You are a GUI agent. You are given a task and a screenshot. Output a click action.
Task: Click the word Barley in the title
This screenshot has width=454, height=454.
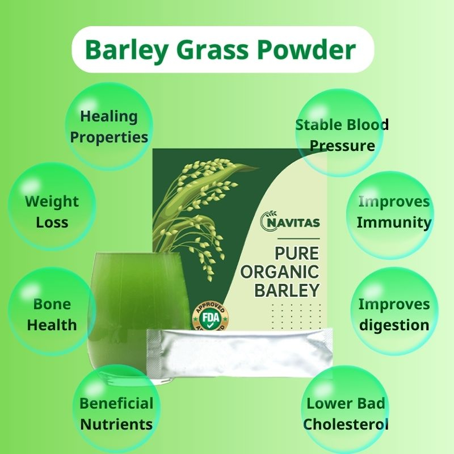126,50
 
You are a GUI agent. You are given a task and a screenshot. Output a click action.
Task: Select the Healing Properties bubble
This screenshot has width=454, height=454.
109,127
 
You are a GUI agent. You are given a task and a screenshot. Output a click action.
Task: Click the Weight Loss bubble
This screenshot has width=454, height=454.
52,207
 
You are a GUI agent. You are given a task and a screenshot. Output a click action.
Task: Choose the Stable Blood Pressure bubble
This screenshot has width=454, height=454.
339,133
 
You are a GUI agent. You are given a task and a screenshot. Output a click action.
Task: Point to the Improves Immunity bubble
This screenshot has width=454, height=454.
390,216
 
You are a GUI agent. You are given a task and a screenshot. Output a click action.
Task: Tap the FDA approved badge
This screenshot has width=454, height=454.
211,316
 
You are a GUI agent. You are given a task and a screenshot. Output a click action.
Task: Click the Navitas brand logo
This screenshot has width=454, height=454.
290,221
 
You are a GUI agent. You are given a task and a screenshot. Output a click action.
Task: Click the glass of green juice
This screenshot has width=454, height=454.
139,317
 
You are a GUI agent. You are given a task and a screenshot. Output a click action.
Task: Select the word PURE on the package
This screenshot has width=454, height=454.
297,254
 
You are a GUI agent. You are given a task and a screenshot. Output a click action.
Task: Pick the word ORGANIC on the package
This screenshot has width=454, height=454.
280,272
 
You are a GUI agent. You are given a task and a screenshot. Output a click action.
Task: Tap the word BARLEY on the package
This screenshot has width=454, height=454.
287,290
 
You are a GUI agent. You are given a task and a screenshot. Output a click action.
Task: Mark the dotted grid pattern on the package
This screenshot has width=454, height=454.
296,316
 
